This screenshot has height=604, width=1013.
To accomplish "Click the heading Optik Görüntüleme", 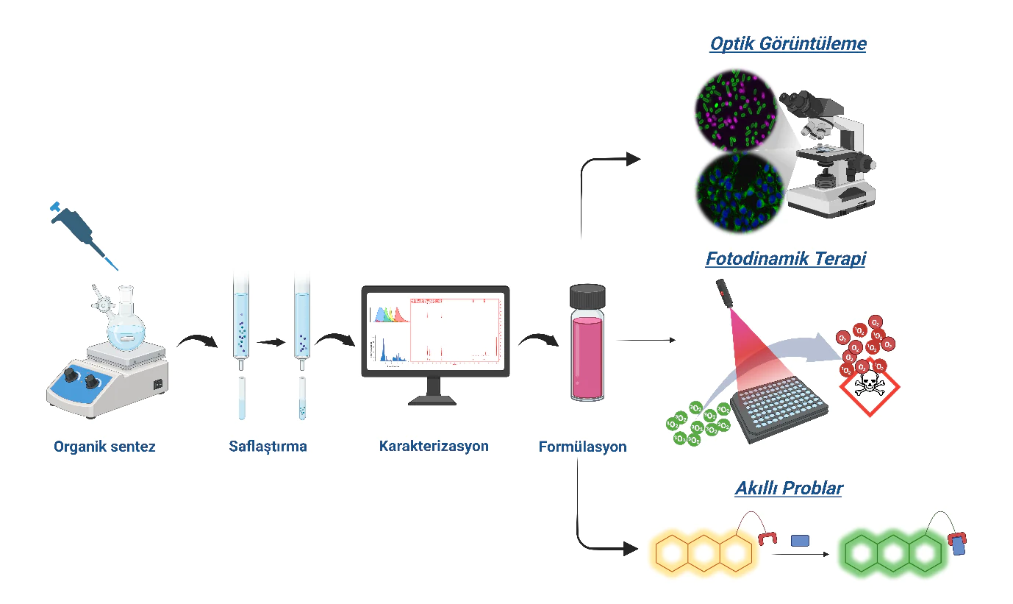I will [788, 44].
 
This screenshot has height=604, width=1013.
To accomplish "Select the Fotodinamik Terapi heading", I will [785, 259].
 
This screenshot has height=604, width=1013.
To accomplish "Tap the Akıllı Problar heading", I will [788, 488].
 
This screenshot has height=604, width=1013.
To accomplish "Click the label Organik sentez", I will [104, 447].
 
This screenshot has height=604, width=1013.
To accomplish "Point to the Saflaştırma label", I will [268, 447].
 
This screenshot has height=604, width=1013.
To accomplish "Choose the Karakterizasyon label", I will [434, 446].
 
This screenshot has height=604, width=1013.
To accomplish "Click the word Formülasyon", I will [582, 447].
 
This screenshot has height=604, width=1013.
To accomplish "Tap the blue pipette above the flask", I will [81, 232].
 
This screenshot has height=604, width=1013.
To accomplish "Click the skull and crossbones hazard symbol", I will [870, 388].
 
